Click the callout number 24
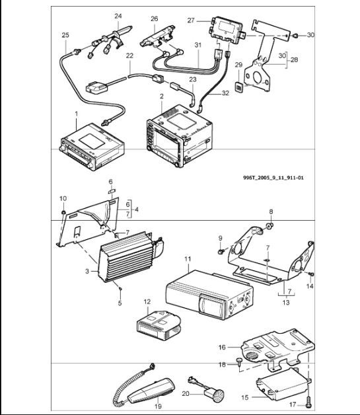pos(118,15)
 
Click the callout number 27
pos(190,20)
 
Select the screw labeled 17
pos(308,400)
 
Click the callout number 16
pos(223,346)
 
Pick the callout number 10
pos(63,198)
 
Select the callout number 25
pos(65,34)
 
